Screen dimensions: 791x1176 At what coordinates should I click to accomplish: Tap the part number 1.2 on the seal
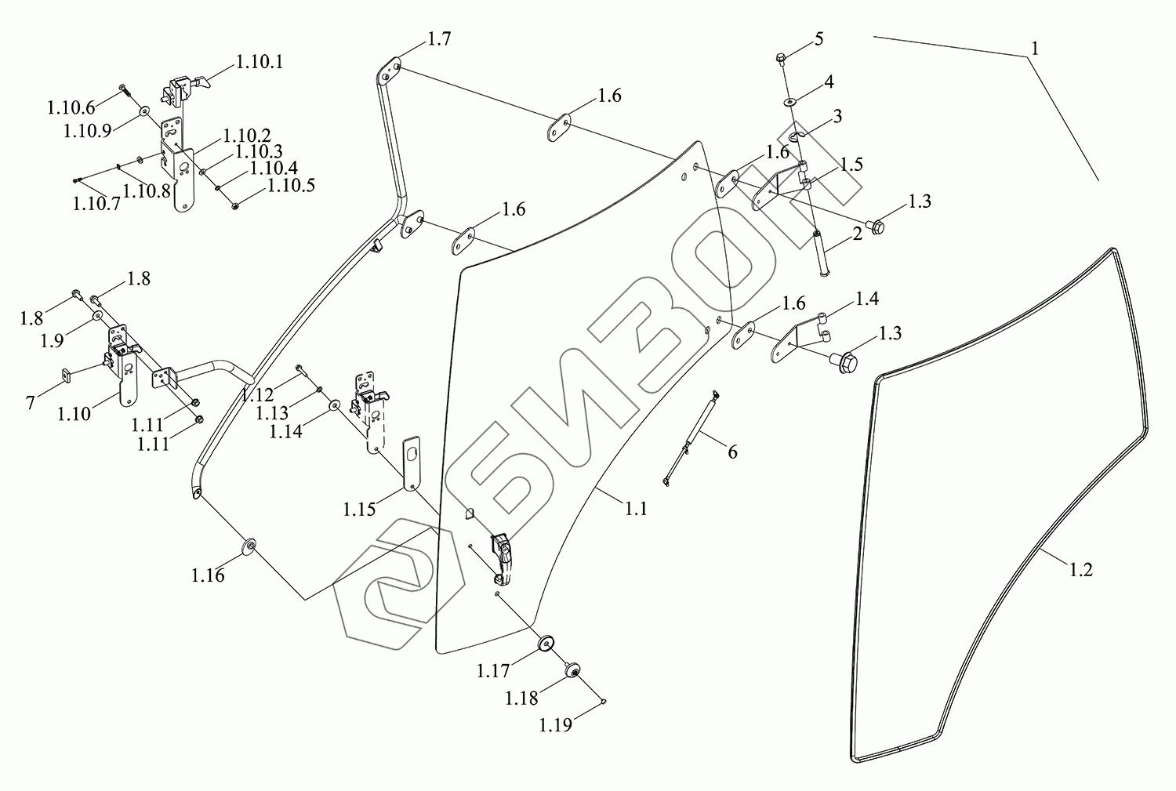[x=1080, y=570]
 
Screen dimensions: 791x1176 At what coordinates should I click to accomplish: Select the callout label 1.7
[x=439, y=40]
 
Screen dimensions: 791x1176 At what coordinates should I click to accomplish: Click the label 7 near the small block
[x=31, y=402]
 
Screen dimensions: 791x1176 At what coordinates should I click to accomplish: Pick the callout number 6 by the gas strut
[x=732, y=452]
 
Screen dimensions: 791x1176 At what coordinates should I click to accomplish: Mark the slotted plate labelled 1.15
[x=412, y=464]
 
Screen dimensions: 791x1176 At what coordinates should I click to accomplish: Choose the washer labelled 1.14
[x=335, y=405]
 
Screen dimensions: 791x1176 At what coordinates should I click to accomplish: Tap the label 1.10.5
[x=291, y=186]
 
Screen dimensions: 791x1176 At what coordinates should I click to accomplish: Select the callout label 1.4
[x=866, y=299]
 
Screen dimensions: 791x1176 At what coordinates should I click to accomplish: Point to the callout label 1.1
[x=636, y=509]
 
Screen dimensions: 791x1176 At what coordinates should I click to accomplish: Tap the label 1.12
[x=257, y=394]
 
